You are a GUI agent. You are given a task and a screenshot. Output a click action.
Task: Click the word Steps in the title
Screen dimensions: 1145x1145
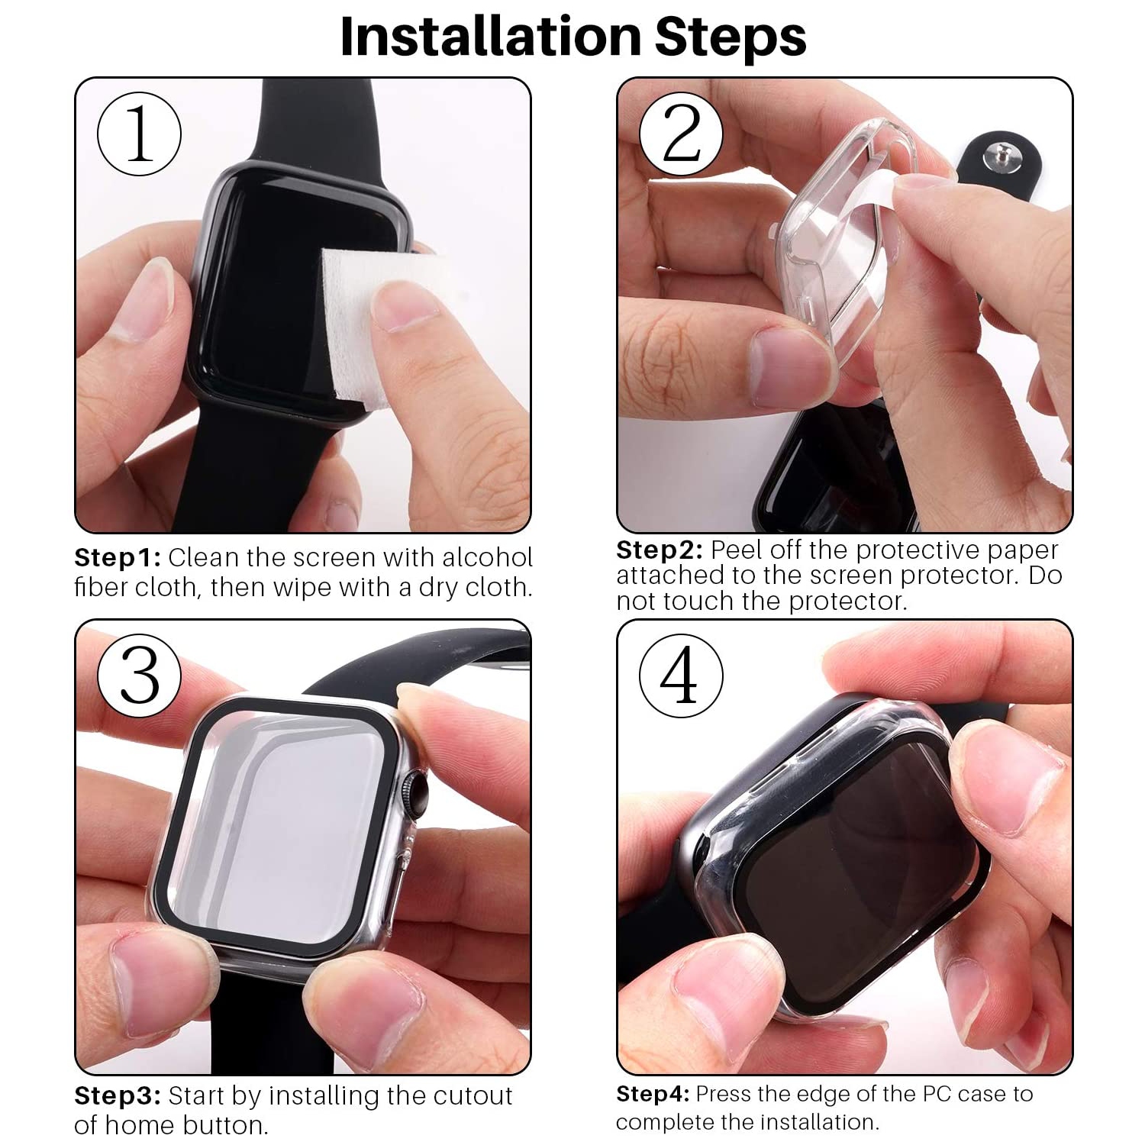coord(731,36)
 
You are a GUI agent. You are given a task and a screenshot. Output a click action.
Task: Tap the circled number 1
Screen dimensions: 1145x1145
coord(139,134)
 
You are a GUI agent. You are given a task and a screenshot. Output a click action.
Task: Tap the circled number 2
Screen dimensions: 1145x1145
coord(681,134)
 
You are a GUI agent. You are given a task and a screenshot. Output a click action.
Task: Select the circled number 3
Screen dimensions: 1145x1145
coord(139,676)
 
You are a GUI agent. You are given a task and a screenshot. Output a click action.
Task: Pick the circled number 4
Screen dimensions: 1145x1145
coord(681,676)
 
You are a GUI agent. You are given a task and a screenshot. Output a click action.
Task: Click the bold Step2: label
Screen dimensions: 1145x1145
coord(660,550)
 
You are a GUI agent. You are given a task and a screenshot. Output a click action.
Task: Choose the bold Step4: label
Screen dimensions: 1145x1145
coord(653,1094)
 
